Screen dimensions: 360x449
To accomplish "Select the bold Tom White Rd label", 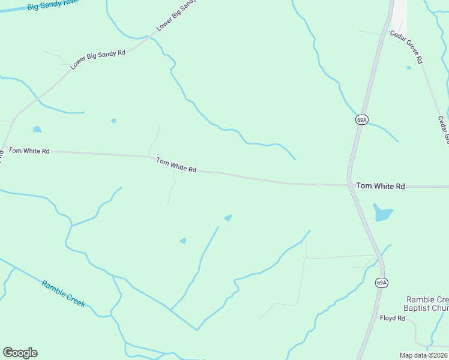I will pos(381,186).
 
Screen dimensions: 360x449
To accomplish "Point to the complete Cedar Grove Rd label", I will pos(407,47).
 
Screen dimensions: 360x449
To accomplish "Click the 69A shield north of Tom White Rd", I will pos(361,119).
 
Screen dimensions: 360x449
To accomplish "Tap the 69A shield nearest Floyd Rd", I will pos(381,282).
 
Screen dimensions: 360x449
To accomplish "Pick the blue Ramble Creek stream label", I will pos(64,294).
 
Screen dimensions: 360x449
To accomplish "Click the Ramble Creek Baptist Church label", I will pos(427,304).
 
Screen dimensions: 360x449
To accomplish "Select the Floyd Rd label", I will pos(393,318).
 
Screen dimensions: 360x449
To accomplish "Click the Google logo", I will pos(20,353).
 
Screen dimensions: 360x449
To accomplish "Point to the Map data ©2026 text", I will pos(423,355).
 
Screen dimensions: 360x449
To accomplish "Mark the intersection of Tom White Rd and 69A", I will pos(349,184).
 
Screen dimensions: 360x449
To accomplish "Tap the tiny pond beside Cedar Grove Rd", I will pos(409,68).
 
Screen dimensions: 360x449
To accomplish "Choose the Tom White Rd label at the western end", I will pos(29,151).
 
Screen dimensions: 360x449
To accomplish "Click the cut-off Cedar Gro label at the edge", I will pos(444,130).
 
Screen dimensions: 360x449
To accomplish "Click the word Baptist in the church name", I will pos(419,308).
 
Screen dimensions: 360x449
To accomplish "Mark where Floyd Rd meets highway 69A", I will pos(373,319).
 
